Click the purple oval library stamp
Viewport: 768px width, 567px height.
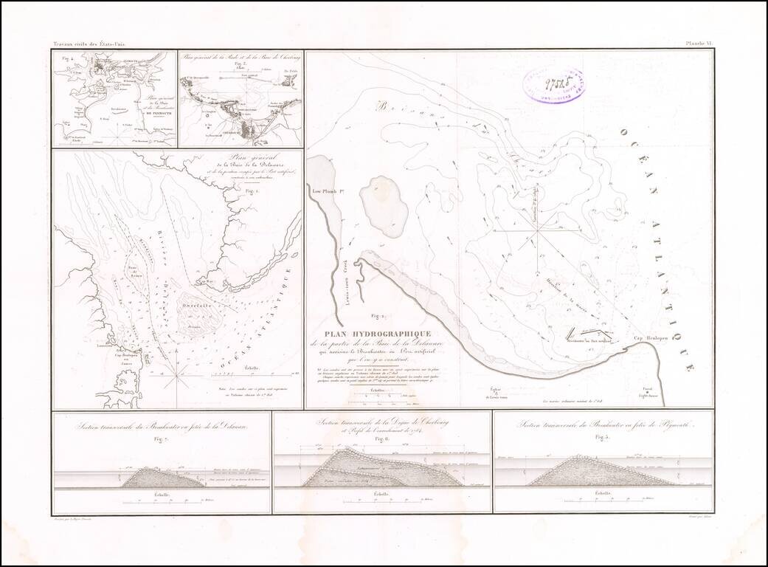click(x=553, y=84)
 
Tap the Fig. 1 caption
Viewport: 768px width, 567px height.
click(x=254, y=190)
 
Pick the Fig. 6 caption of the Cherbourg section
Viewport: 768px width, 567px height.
click(x=381, y=439)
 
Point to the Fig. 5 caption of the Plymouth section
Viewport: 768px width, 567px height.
click(x=603, y=439)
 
